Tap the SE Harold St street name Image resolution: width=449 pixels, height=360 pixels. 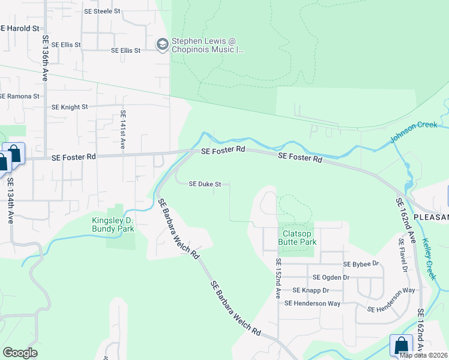pos(19,28)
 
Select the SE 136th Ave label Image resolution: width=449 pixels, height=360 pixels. pos(45,58)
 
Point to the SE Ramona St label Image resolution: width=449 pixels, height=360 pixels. pos(19,96)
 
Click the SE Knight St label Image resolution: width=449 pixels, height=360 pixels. pos(70,107)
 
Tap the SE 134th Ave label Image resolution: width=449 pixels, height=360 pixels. pos(11,203)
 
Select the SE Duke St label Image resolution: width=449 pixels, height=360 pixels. pos(205,184)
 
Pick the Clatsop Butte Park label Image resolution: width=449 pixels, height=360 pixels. pos(297,238)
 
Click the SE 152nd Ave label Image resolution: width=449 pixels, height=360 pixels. pos(278,279)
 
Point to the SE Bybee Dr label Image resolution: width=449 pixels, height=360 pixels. pos(361,264)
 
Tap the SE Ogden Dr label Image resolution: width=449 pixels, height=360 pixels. pos(331,277)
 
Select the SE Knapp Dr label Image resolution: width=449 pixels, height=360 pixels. pos(309,290)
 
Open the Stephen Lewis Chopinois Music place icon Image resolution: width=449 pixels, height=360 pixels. pos(162,44)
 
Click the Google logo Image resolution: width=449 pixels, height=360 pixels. pos(20,353)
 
